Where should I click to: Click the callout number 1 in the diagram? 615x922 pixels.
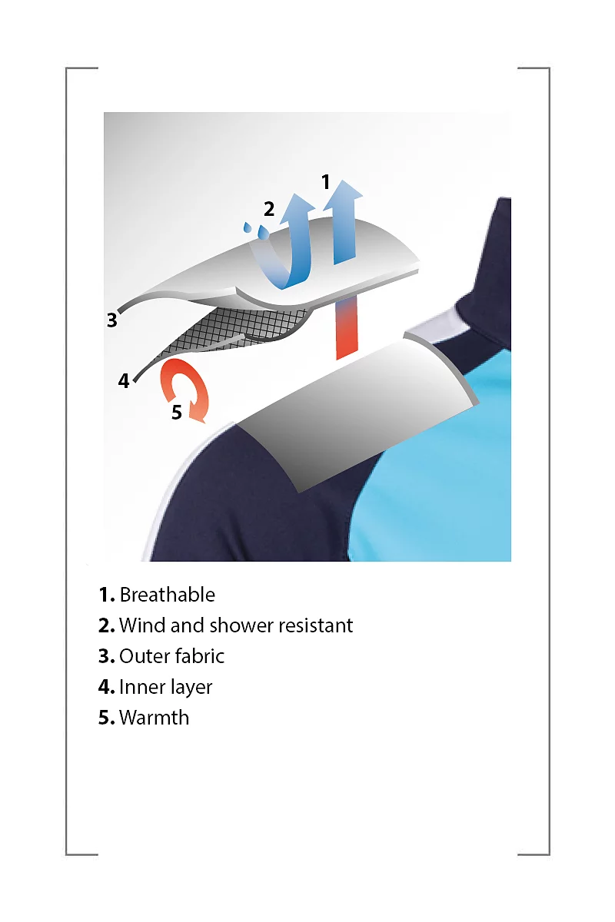pos(326,181)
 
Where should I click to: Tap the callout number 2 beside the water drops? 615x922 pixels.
pos(268,209)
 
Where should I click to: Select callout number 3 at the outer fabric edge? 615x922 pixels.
pos(111,320)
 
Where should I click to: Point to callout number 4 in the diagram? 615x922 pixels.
pos(124,381)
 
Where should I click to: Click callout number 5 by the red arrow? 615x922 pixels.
pos(176,412)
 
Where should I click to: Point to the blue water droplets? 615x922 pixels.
pos(256,230)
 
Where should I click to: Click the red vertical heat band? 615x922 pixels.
pos(347,327)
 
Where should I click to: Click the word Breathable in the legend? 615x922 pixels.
pos(168,595)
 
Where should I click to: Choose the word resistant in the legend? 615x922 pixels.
pos(315,625)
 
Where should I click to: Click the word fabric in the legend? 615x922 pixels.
pos(199,655)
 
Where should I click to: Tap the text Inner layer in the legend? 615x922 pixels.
pos(165,687)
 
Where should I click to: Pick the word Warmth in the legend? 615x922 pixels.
pos(154,718)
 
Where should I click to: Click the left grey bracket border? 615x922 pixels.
pos(66,462)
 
